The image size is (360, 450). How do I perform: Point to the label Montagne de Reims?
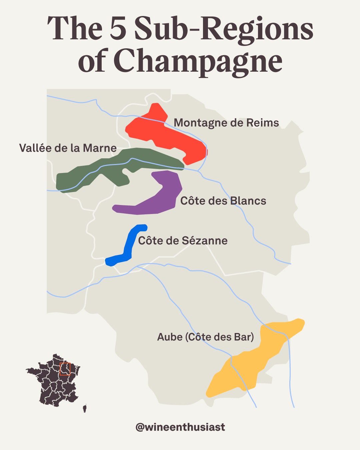pos(226,123)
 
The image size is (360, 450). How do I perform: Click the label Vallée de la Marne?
pos(68,148)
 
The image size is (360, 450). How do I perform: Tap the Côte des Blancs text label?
pos(223,201)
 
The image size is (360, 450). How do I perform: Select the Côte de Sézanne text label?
pos(183,241)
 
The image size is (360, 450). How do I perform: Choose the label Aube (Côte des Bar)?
pos(205,337)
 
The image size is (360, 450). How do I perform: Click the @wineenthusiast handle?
pos(180,427)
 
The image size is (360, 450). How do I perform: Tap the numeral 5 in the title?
pos(118,29)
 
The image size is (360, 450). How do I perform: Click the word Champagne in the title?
pos(198,61)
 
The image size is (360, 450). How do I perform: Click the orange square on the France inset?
pos(65,369)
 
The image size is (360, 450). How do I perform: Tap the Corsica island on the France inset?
pos(85,408)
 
